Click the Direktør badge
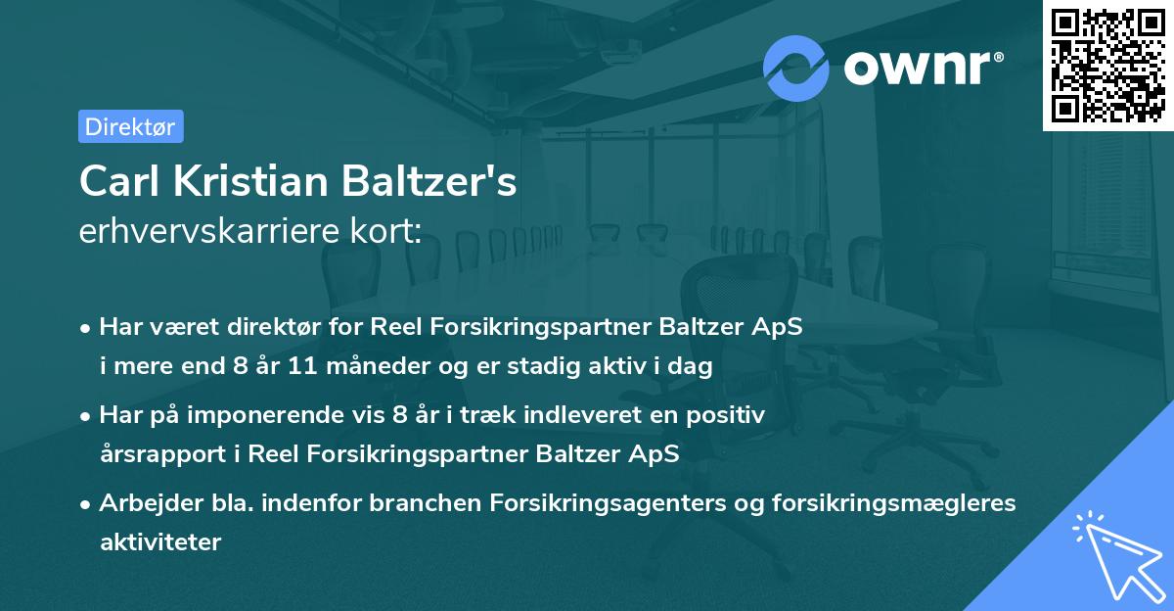[130, 126]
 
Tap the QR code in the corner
[1107, 65]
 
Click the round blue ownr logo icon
[796, 68]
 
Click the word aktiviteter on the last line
[160, 541]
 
